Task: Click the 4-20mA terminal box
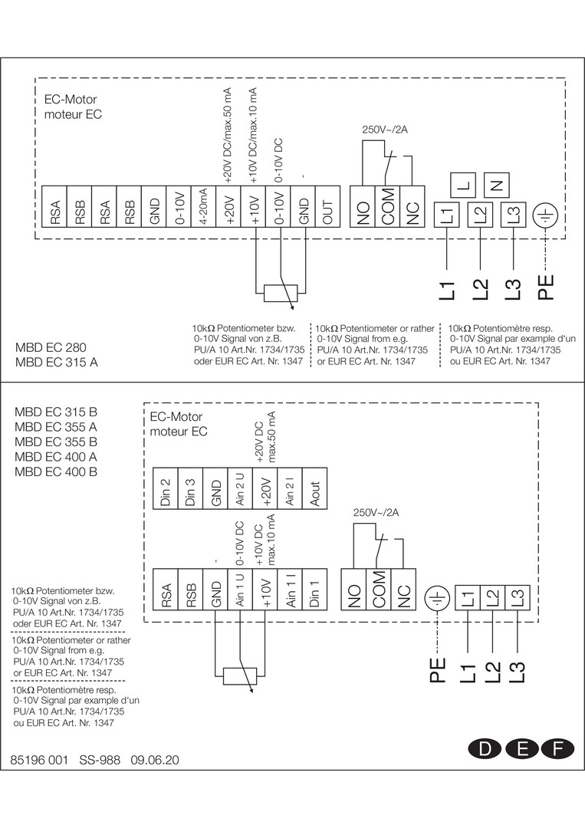204,207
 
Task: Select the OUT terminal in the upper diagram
327,207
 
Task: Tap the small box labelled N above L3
497,185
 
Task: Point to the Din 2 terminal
165,490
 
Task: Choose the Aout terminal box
315,490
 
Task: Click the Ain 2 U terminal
240,490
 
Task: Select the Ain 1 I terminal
290,590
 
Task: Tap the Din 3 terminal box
190,490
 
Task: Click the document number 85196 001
39,761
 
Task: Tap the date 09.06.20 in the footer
155,761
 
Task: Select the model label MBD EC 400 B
56,472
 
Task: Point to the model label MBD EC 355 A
56,426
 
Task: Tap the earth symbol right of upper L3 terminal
546,216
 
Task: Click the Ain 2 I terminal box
290,490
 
